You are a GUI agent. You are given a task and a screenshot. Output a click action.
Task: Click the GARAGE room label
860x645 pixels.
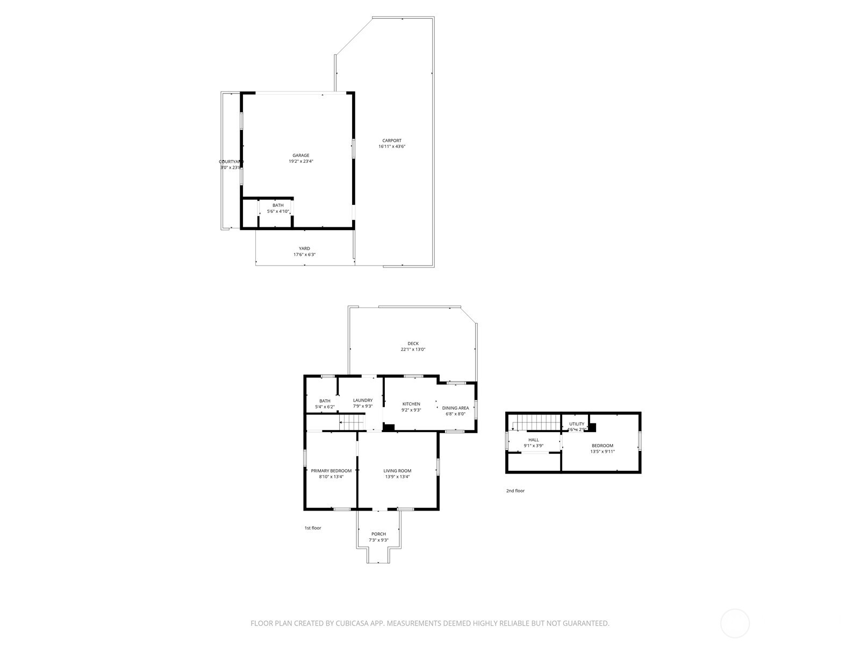tap(300, 155)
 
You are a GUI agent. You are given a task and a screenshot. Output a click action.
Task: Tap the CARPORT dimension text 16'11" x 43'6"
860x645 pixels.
tap(392, 147)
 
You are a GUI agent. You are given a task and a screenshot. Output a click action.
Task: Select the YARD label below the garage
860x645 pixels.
tap(304, 248)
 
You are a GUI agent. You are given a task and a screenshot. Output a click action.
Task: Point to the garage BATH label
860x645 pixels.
tap(278, 205)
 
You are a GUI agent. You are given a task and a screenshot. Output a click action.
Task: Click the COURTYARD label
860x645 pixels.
tap(231, 162)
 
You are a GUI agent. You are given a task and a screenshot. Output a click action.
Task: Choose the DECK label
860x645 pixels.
tap(413, 343)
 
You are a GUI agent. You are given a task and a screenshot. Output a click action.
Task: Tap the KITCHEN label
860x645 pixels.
tap(411, 404)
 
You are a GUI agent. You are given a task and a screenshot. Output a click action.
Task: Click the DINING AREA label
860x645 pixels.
tap(455, 408)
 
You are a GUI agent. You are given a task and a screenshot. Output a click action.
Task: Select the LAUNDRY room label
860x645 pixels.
tap(363, 400)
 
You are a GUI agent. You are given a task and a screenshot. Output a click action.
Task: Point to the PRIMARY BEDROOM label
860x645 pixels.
tap(331, 471)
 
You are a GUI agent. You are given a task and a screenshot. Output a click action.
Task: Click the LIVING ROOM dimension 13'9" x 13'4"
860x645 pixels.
tap(397, 477)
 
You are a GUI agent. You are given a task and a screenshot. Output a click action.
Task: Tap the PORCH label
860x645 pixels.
tap(378, 534)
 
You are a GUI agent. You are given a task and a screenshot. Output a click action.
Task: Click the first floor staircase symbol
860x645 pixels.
tap(353, 426)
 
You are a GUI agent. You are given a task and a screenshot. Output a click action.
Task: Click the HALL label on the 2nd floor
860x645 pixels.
tap(533, 440)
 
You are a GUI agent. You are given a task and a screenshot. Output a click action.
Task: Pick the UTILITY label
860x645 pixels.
tap(577, 424)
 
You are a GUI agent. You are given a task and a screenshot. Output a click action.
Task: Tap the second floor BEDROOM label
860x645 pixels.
tap(602, 446)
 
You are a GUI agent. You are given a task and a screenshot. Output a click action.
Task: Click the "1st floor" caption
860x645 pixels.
tap(313, 528)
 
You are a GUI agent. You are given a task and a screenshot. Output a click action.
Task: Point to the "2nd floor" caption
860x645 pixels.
tap(515, 491)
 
